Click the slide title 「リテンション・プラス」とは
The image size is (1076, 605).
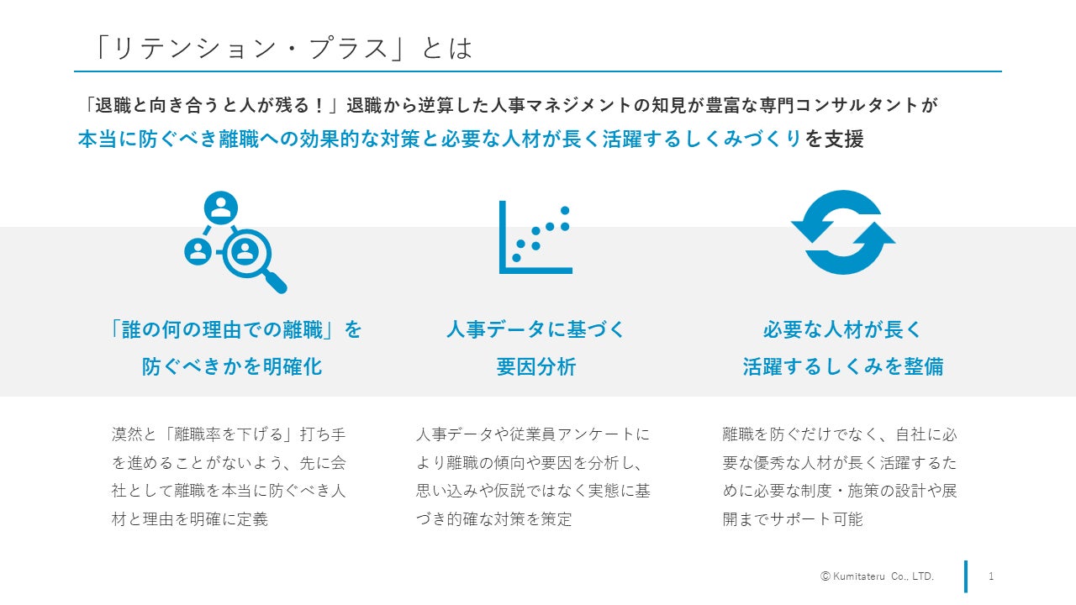pyautogui.click(x=284, y=48)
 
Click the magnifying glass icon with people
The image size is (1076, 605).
pyautogui.click(x=235, y=243)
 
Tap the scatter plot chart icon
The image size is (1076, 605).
pyautogui.click(x=535, y=237)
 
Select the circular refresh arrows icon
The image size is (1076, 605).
pyautogui.click(x=842, y=233)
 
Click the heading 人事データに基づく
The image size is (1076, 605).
pyautogui.click(x=536, y=329)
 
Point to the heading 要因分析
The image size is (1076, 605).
pyautogui.click(x=536, y=367)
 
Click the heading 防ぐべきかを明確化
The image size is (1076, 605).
pyautogui.click(x=232, y=367)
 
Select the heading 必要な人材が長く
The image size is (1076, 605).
pyautogui.click(x=842, y=329)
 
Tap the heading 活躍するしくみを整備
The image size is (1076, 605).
pyautogui.click(x=842, y=367)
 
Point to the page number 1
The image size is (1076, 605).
pyautogui.click(x=991, y=576)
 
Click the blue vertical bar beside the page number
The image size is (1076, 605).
pyautogui.click(x=966, y=576)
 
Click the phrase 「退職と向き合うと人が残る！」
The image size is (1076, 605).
pyautogui.click(x=209, y=106)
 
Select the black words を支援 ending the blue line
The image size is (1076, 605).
pyautogui.click(x=834, y=139)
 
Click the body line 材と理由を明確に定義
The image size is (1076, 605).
pyautogui.click(x=190, y=519)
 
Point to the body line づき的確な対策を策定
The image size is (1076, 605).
pyautogui.click(x=494, y=519)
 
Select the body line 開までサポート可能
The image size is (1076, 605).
pyautogui.click(x=793, y=519)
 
